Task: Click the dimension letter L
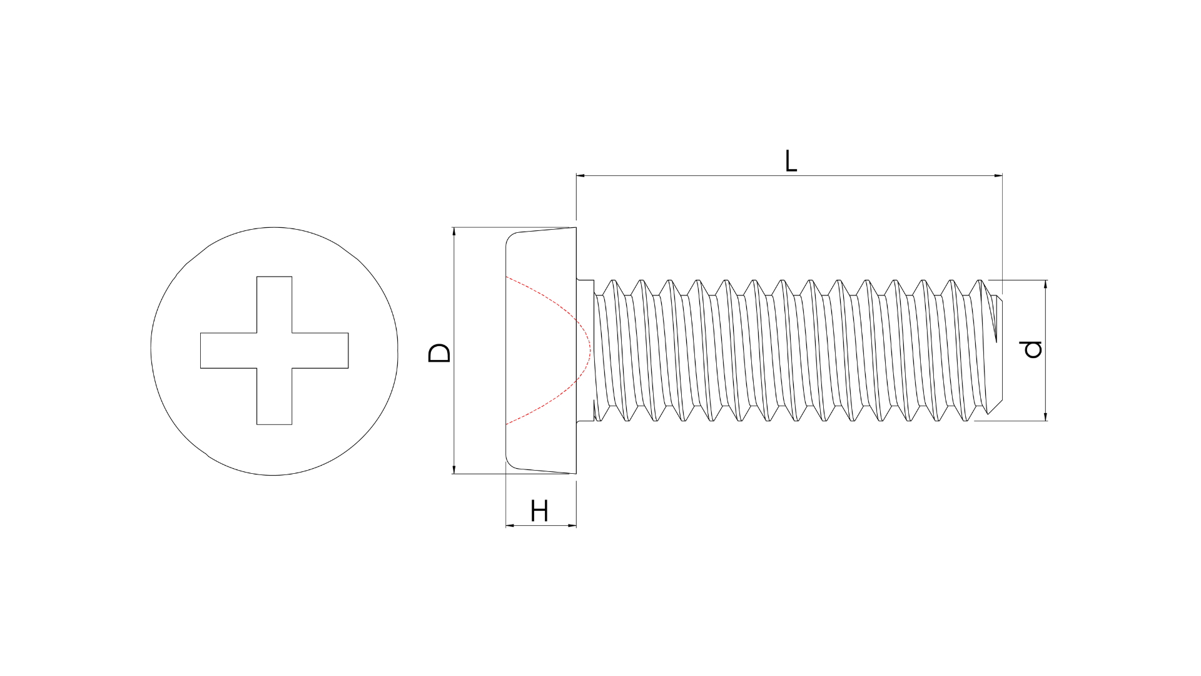click(x=791, y=161)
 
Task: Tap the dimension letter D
click(x=439, y=353)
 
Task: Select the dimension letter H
click(x=539, y=511)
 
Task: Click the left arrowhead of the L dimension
click(x=580, y=176)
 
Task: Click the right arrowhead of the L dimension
click(x=998, y=176)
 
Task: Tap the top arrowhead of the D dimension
click(x=454, y=232)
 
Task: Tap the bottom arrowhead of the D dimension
click(x=454, y=469)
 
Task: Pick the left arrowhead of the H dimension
click(x=510, y=526)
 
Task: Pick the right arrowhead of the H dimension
click(x=572, y=526)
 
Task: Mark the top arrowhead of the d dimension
click(x=1046, y=284)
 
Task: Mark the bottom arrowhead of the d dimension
click(x=1046, y=416)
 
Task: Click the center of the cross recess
click(x=274, y=351)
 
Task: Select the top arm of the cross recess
click(x=274, y=305)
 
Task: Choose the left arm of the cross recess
click(x=228, y=351)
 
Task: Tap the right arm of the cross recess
click(x=320, y=351)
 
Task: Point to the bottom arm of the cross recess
click(x=274, y=396)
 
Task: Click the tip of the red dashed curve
click(x=590, y=351)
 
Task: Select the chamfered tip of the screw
click(x=995, y=351)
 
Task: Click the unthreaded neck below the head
click(x=585, y=351)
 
